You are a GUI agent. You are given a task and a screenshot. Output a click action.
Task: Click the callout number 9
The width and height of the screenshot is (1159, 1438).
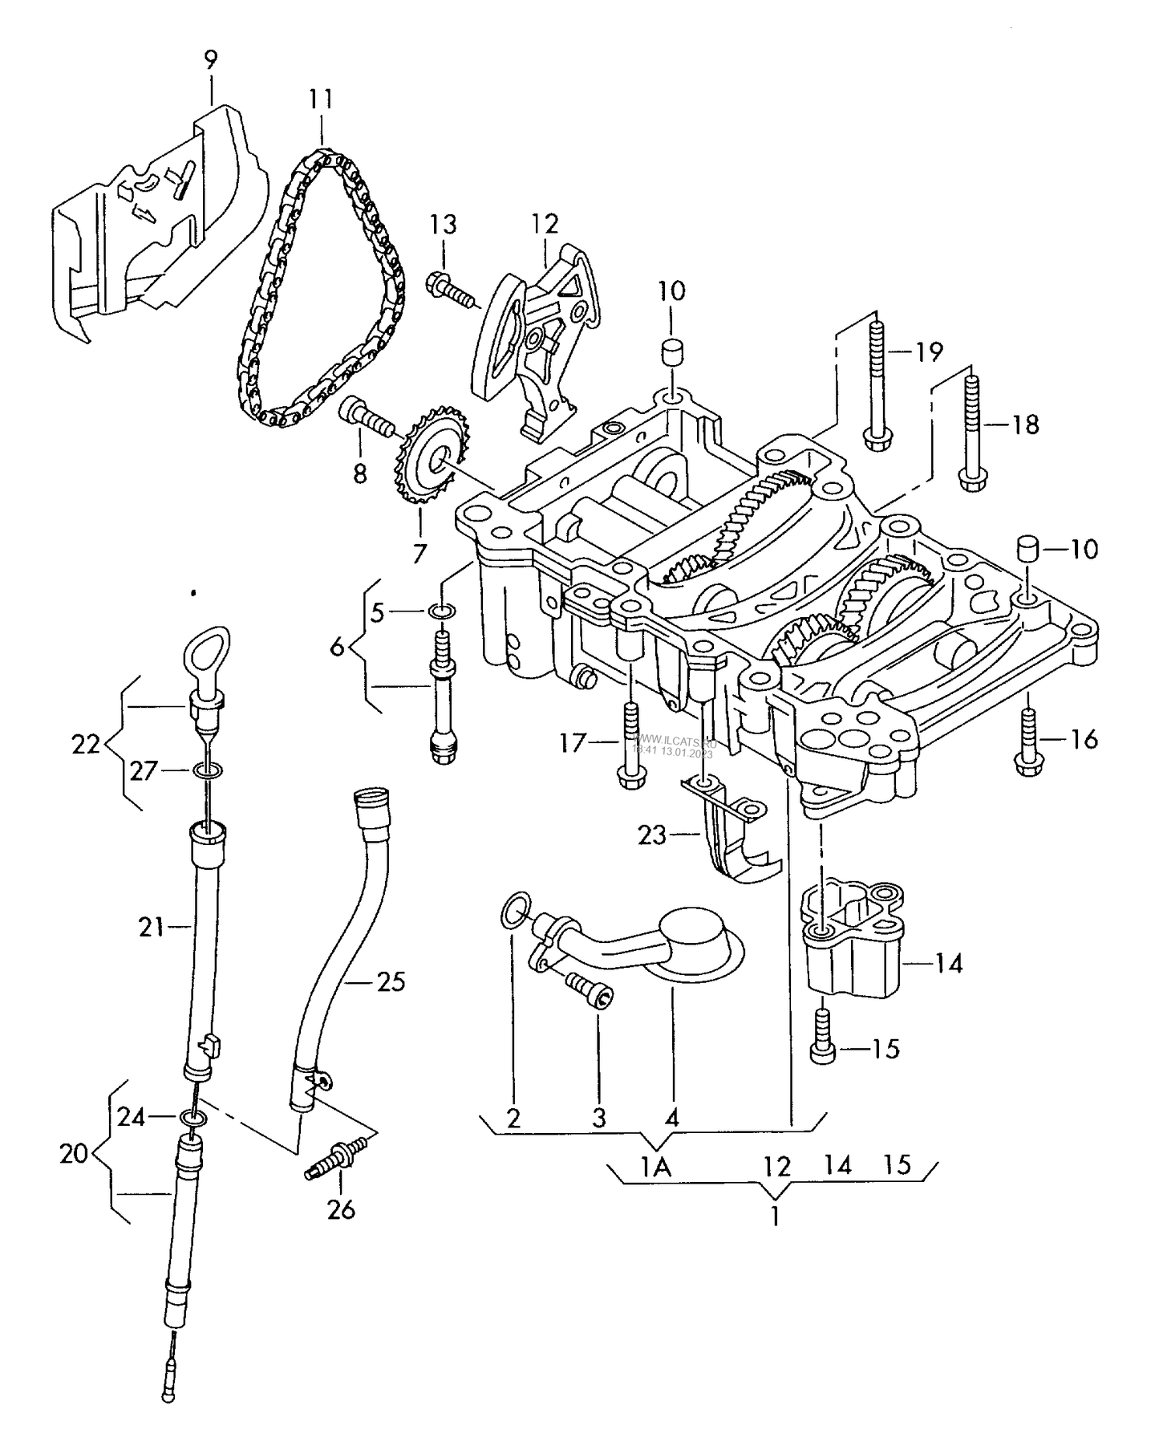click(x=210, y=60)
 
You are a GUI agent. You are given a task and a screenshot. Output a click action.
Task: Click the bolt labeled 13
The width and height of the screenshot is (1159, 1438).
click(x=451, y=289)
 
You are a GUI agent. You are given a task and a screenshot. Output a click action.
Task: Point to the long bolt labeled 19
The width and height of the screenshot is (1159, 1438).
click(x=875, y=377)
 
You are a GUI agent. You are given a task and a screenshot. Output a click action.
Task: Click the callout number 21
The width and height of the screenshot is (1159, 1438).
click(x=151, y=928)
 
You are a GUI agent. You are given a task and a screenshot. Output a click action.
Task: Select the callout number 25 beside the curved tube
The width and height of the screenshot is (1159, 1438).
click(x=391, y=981)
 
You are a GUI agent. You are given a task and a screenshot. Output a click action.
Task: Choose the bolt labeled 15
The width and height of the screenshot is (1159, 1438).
click(x=821, y=1038)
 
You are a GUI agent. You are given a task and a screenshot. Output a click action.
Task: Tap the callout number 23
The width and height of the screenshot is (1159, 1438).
click(x=651, y=835)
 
